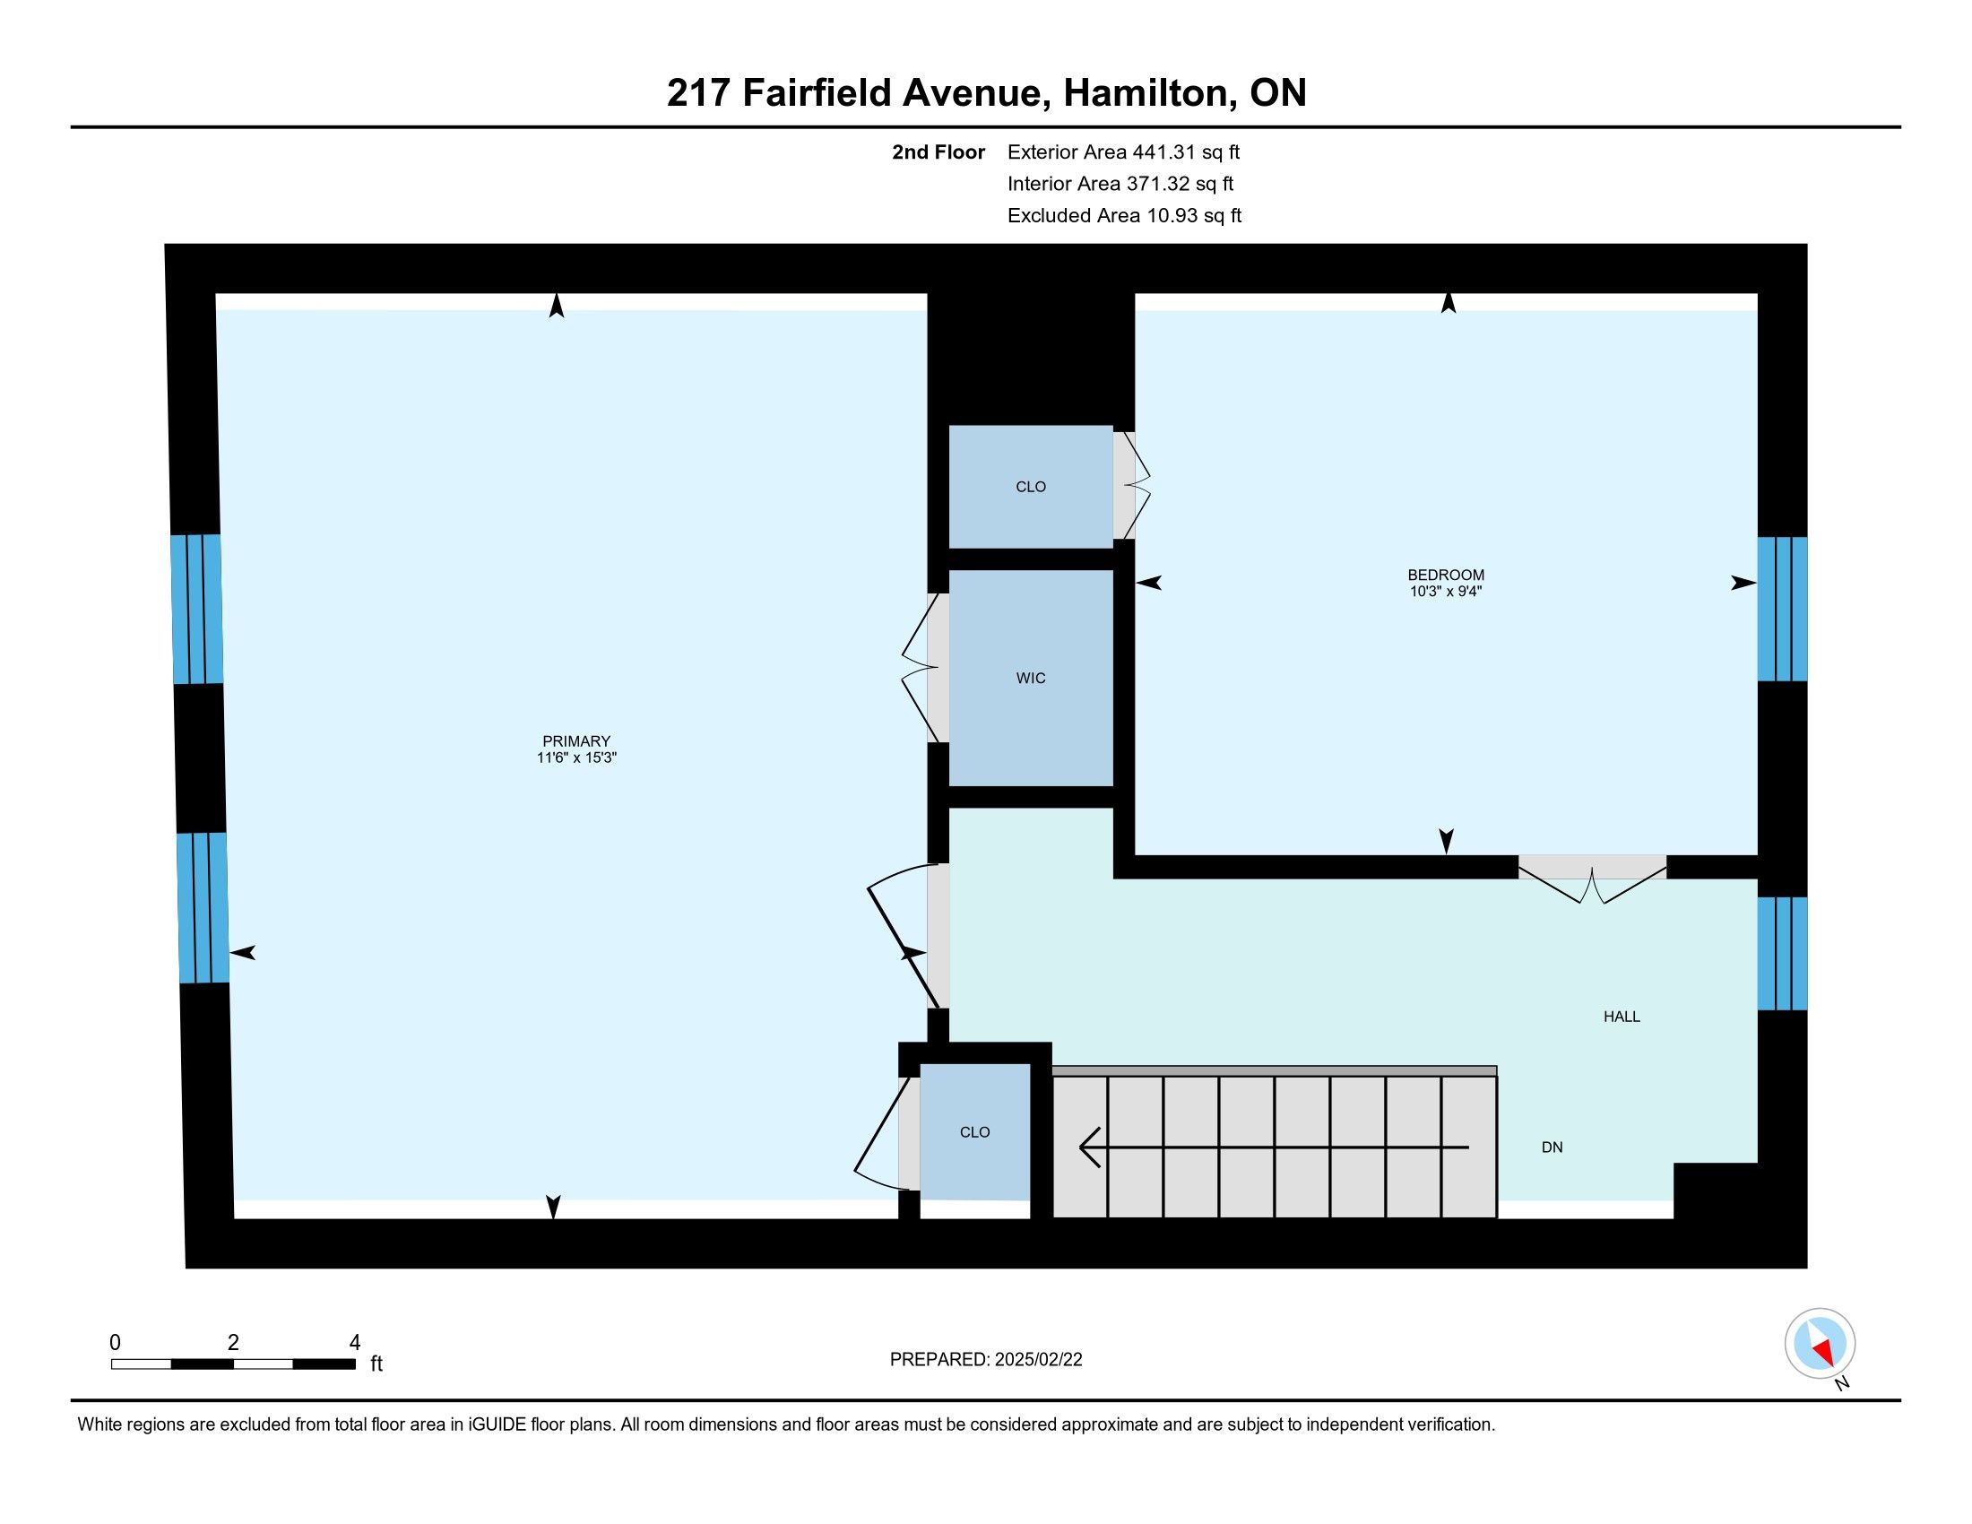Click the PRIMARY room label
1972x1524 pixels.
tap(576, 741)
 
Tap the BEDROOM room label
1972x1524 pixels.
tap(1446, 576)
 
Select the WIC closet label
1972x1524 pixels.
tap(1030, 678)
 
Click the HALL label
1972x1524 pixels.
tap(1622, 1017)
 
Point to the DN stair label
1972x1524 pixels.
tap(1553, 1147)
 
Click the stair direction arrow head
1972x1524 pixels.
tap(1090, 1147)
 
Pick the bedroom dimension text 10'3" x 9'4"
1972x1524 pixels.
tap(1446, 592)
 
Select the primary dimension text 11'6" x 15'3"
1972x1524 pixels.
tap(576, 758)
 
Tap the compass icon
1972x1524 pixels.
tap(1820, 1344)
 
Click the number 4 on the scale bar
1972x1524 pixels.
tap(355, 1343)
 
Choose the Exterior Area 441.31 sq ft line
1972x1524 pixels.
tap(1123, 152)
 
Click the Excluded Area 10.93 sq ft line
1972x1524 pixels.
tap(1124, 216)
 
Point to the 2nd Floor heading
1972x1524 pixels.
tap(938, 152)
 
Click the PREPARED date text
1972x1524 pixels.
tap(986, 1360)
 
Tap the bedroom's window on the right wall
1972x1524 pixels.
tap(1782, 610)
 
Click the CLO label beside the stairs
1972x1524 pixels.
tap(974, 1132)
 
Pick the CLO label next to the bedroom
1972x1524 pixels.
tap(1030, 487)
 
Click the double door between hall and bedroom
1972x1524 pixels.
tap(1592, 878)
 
